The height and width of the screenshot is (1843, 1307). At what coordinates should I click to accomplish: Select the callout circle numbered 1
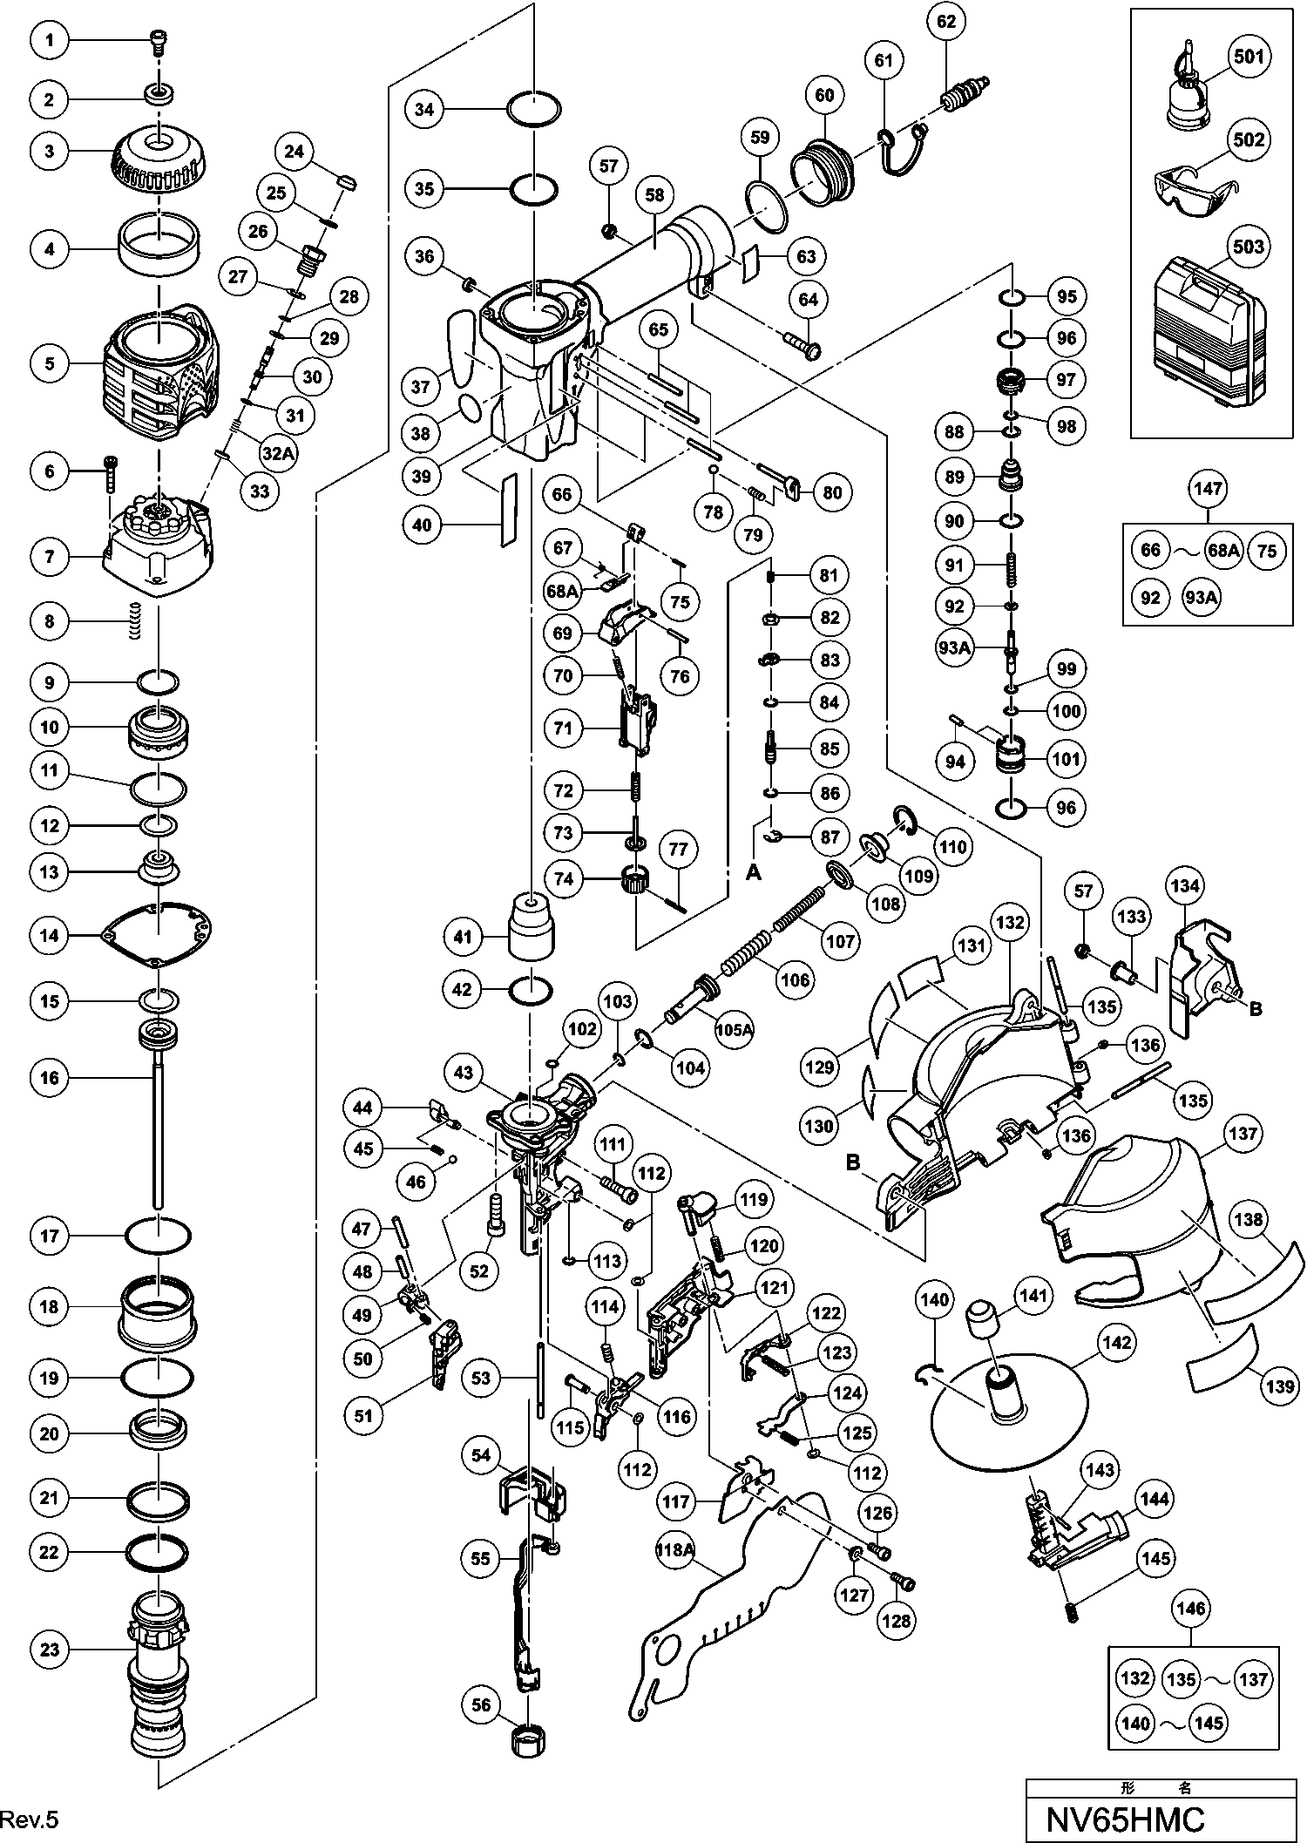tap(50, 40)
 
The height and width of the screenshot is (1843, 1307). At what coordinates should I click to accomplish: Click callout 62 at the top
tap(946, 21)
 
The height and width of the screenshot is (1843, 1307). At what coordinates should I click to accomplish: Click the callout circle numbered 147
tap(1209, 489)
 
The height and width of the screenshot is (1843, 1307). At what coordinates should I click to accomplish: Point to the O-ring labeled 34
tap(534, 110)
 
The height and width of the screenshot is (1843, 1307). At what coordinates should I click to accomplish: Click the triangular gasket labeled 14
tap(157, 935)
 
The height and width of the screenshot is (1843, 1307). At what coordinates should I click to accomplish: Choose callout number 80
tap(833, 492)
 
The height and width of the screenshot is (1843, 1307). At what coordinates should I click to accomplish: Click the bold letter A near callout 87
tap(755, 872)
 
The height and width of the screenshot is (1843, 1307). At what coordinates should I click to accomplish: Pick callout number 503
tap(1249, 247)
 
